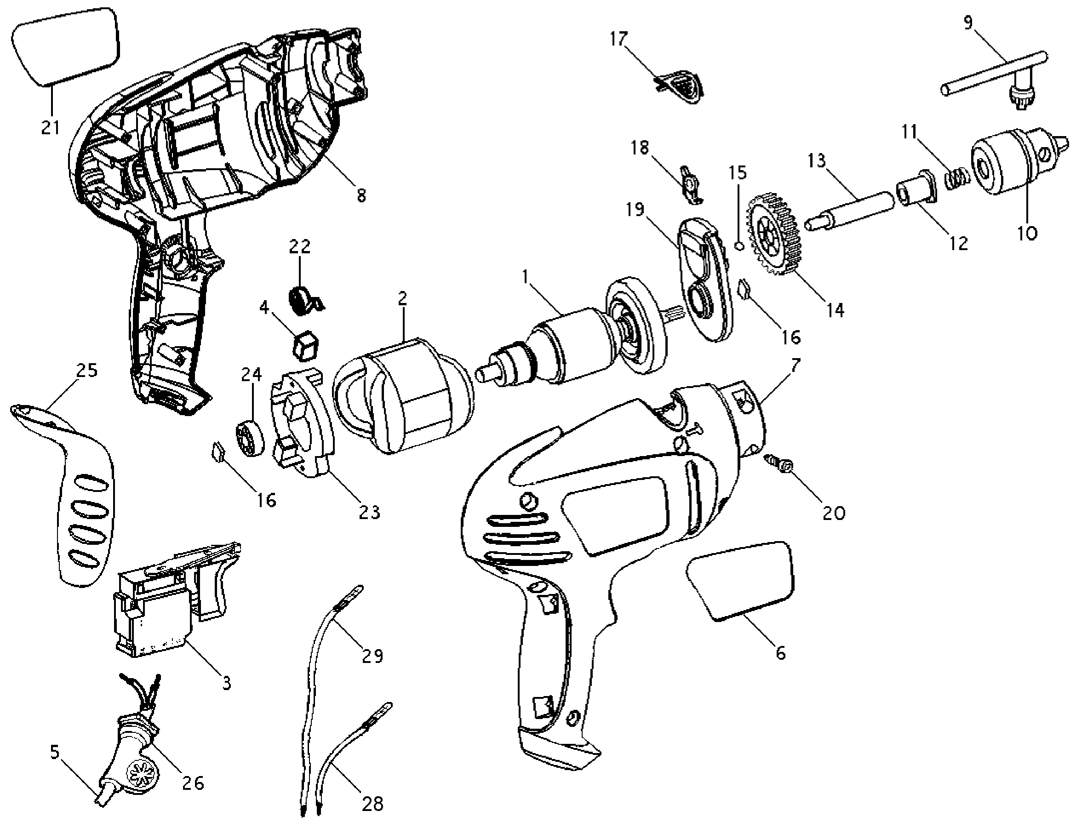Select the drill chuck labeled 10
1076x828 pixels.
coord(1019,163)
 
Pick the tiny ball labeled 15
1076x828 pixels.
coord(738,246)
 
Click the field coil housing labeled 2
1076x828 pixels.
coord(403,395)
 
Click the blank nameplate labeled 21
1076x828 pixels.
coord(65,47)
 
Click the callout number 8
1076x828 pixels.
coord(361,195)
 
